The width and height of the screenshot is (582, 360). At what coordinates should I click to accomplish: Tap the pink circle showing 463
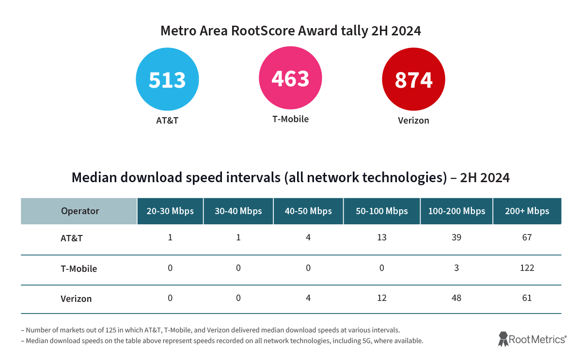pyautogui.click(x=290, y=78)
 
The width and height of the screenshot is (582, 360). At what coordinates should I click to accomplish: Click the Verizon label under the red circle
pyautogui.click(x=413, y=120)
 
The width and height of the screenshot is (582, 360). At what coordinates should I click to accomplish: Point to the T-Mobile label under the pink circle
pyautogui.click(x=290, y=119)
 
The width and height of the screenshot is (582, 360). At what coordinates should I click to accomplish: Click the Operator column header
pyautogui.click(x=80, y=211)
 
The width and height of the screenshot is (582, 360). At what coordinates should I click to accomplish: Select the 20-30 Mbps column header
pyautogui.click(x=170, y=211)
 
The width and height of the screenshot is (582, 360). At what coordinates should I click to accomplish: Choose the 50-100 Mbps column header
pyautogui.click(x=382, y=211)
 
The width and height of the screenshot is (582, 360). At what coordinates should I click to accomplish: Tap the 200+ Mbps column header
pyautogui.click(x=527, y=211)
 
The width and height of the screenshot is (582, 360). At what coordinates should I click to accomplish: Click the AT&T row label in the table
pyautogui.click(x=71, y=238)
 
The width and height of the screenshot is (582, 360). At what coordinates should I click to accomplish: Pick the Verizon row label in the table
pyautogui.click(x=76, y=298)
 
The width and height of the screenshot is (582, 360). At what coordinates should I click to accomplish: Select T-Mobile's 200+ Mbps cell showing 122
pyautogui.click(x=527, y=267)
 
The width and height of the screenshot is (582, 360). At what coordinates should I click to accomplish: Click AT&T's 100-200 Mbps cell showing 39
pyautogui.click(x=456, y=237)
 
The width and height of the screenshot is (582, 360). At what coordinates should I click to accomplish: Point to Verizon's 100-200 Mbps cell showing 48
pyautogui.click(x=456, y=297)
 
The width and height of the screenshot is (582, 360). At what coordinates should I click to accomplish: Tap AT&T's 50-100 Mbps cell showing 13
pyautogui.click(x=382, y=237)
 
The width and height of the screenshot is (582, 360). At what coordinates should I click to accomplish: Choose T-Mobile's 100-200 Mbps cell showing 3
pyautogui.click(x=456, y=267)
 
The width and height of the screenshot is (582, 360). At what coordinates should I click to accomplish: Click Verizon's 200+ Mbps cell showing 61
pyautogui.click(x=527, y=297)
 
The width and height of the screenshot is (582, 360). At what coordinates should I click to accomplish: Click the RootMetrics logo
pyautogui.click(x=532, y=339)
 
